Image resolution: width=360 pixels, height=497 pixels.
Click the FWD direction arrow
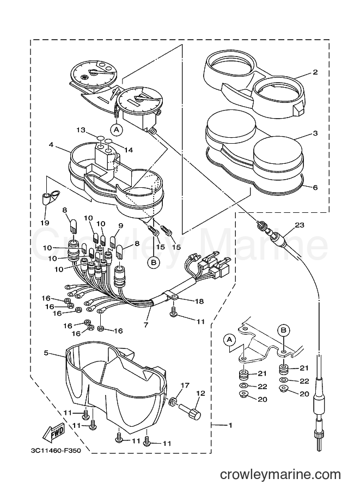point(54,432)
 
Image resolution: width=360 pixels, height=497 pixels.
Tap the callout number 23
point(300,225)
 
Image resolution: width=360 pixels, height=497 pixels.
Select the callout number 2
point(315,72)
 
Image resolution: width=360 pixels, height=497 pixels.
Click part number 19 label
point(45,223)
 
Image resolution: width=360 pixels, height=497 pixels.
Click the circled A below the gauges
point(117,130)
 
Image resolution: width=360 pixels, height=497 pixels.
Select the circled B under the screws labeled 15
point(154,262)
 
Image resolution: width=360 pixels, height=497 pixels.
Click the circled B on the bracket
point(284,330)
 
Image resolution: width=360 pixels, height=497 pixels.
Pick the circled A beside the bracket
point(230,340)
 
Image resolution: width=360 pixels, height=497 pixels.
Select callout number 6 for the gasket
point(315,187)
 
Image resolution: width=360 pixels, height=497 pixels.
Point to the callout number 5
point(46,353)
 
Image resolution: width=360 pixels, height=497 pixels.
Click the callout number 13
point(81,130)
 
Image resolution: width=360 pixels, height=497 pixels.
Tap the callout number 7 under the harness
point(146,324)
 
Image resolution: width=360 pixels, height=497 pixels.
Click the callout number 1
point(230,425)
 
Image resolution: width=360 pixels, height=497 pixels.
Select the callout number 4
point(51,145)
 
